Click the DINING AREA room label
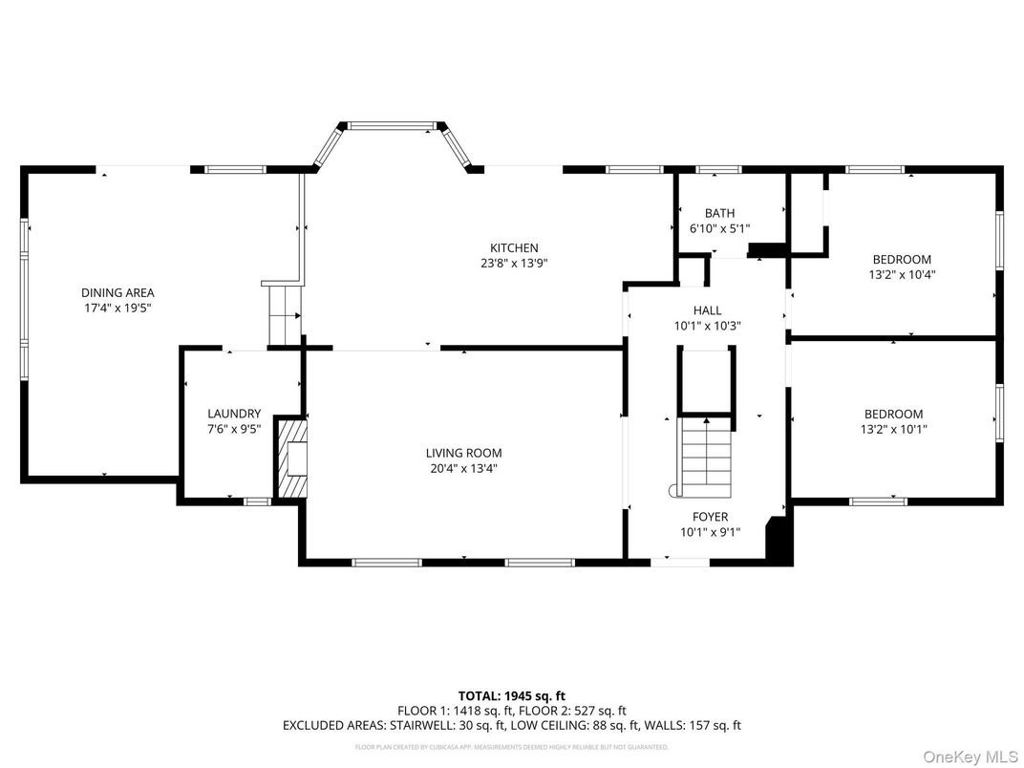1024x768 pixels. point(117,293)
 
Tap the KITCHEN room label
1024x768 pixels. point(514,247)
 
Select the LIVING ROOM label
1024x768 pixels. point(463,453)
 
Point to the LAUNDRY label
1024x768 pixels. point(234,414)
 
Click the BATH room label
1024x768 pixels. point(719,213)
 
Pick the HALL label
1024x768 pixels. point(708,310)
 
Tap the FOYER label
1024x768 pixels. point(709,517)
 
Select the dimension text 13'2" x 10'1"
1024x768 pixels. point(893,429)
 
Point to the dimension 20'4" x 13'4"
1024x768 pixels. point(463,468)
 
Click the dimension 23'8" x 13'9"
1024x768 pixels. point(514,263)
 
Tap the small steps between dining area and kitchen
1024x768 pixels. point(283,315)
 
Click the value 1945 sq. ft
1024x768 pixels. point(542,695)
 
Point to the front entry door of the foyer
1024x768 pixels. point(681,562)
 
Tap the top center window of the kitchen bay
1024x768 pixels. point(393,124)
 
